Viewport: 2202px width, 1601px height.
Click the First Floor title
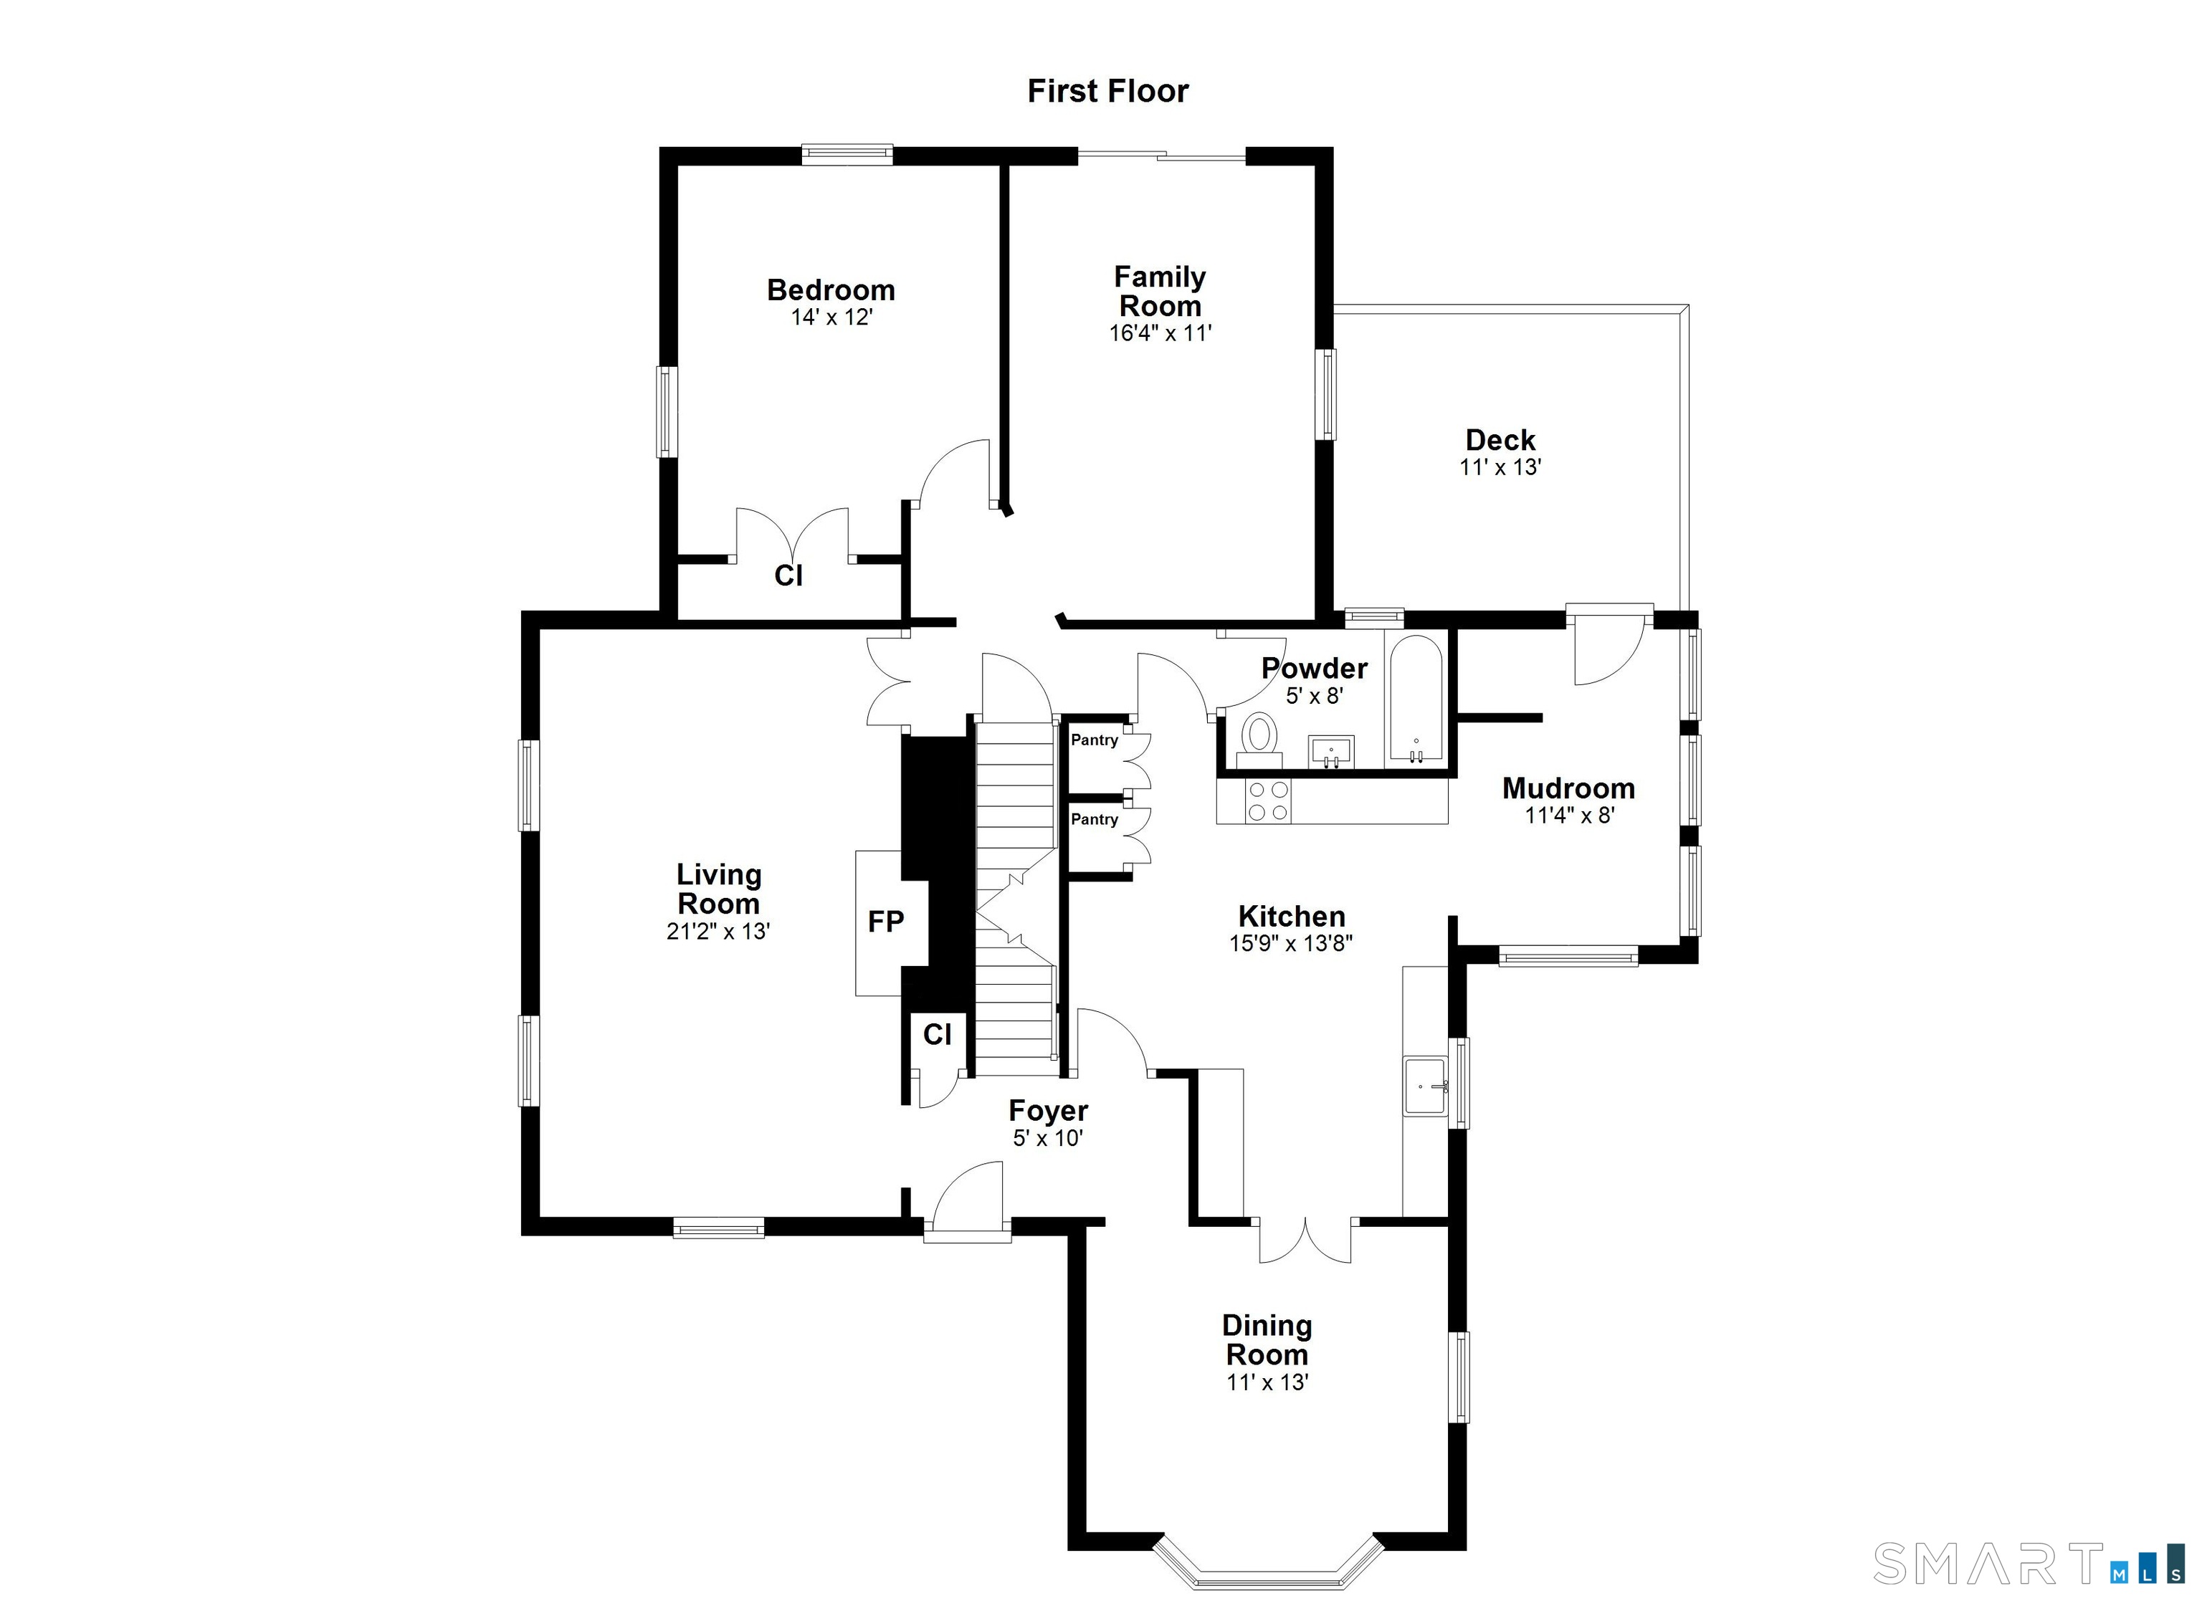pyautogui.click(x=1107, y=91)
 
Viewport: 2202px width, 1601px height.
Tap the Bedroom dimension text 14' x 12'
pyautogui.click(x=831, y=317)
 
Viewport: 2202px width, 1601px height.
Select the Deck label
pyautogui.click(x=1500, y=440)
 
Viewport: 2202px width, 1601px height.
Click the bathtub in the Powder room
pyautogui.click(x=1416, y=698)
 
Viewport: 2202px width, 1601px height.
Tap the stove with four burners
pyautogui.click(x=1269, y=801)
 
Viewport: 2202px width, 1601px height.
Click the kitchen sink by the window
pyautogui.click(x=1424, y=1086)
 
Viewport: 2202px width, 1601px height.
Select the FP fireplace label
pyautogui.click(x=885, y=922)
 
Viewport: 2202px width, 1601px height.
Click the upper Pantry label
pyautogui.click(x=1095, y=740)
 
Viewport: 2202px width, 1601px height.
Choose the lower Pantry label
pyautogui.click(x=1095, y=819)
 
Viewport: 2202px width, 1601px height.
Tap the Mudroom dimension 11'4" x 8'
pyautogui.click(x=1568, y=816)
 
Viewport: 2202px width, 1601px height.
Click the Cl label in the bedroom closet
pyautogui.click(x=788, y=575)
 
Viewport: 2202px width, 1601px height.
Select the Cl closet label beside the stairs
pyautogui.click(x=937, y=1035)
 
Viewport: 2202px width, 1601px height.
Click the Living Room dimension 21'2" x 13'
pyautogui.click(x=718, y=931)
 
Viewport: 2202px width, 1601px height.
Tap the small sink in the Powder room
pyautogui.click(x=1331, y=750)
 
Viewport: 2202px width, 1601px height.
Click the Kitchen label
pyautogui.click(x=1290, y=917)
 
